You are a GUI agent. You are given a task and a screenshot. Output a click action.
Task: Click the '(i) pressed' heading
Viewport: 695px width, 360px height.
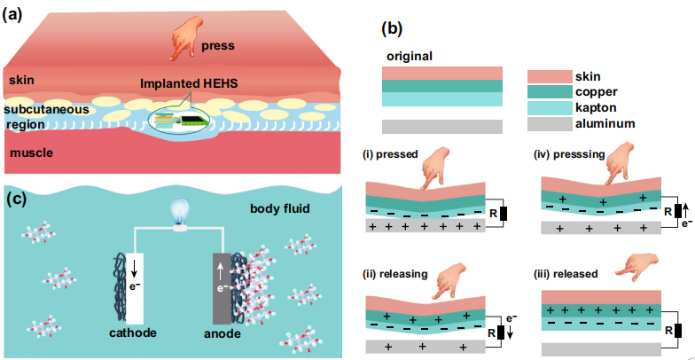pyautogui.click(x=389, y=153)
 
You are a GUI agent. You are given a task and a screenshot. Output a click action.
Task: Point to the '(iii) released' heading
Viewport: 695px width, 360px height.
pyautogui.click(x=567, y=273)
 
